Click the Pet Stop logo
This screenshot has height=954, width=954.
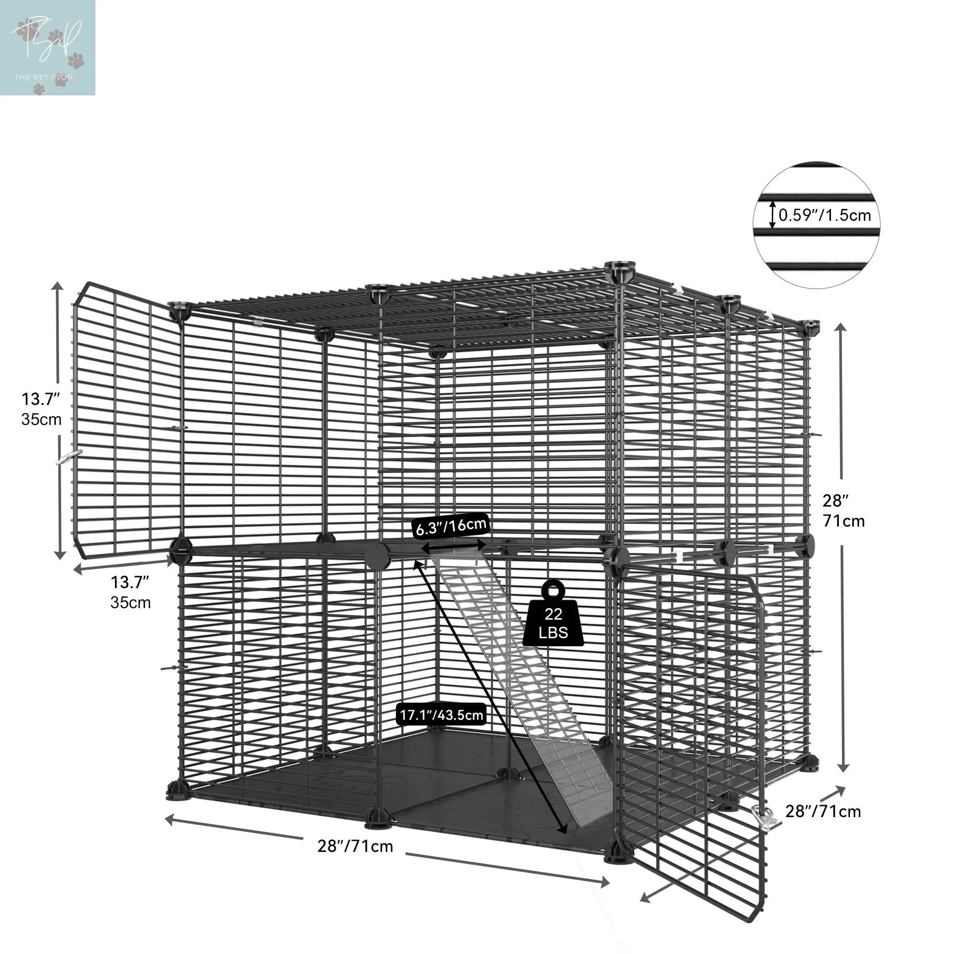point(47,47)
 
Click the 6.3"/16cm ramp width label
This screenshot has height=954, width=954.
point(450,527)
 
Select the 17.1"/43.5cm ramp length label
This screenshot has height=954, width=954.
point(441,715)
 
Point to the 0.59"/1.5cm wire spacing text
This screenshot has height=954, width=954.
point(825,215)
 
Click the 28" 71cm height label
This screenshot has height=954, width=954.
point(843,510)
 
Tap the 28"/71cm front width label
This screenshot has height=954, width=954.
point(355,846)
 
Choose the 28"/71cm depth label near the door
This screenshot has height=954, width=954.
point(823,811)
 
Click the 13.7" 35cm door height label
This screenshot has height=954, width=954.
point(41,409)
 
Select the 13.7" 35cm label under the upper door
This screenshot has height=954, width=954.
point(130,592)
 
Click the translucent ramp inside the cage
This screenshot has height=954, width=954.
point(523,691)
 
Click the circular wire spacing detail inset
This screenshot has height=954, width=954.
point(816,225)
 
